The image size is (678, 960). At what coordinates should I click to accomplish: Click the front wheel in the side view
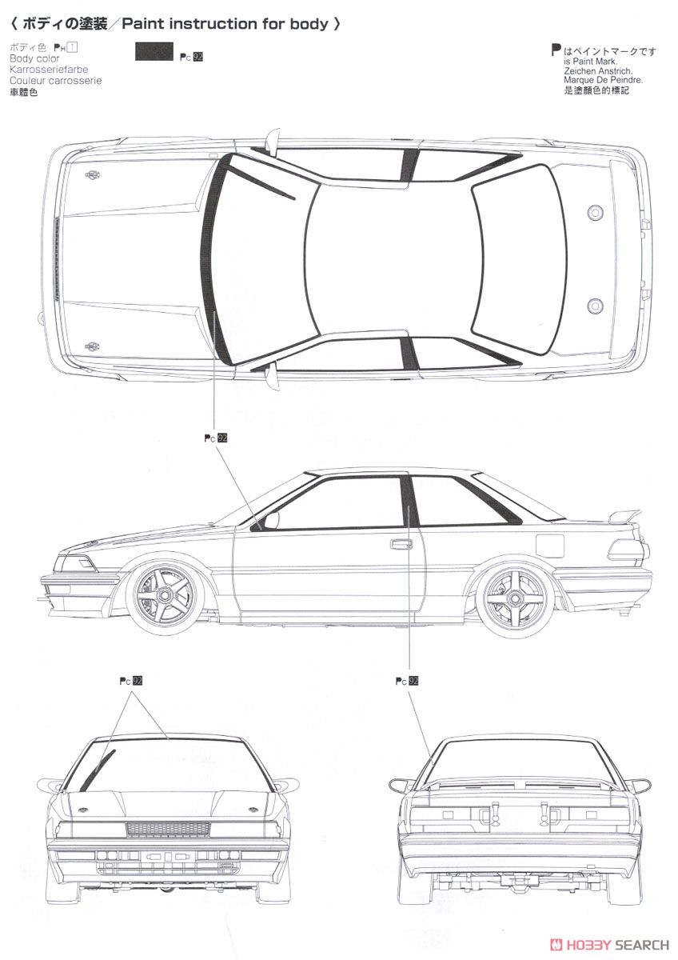163,594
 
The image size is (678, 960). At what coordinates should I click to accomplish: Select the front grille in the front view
168,829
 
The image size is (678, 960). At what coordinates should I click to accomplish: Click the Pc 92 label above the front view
131,681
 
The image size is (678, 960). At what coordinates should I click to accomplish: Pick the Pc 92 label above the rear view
407,681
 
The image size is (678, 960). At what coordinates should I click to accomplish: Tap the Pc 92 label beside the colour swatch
192,57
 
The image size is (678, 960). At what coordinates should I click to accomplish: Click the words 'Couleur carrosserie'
55,81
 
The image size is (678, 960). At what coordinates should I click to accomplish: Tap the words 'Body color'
34,59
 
